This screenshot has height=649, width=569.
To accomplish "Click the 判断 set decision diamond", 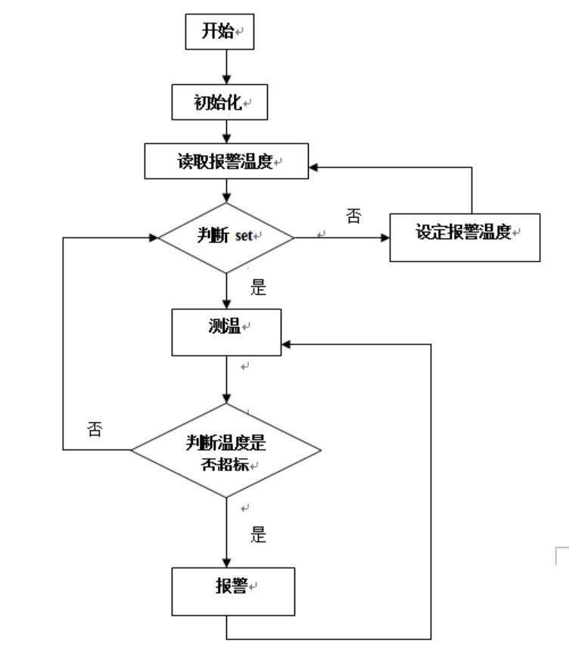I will (x=226, y=237).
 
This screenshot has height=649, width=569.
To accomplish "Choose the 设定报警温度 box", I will (x=465, y=233).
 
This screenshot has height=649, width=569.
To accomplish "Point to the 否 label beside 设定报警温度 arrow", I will (x=353, y=217).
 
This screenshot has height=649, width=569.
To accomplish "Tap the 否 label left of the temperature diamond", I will (x=94, y=431).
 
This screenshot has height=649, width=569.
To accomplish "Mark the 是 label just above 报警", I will (x=258, y=536).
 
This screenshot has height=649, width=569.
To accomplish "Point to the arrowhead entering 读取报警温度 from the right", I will (x=315, y=166).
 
